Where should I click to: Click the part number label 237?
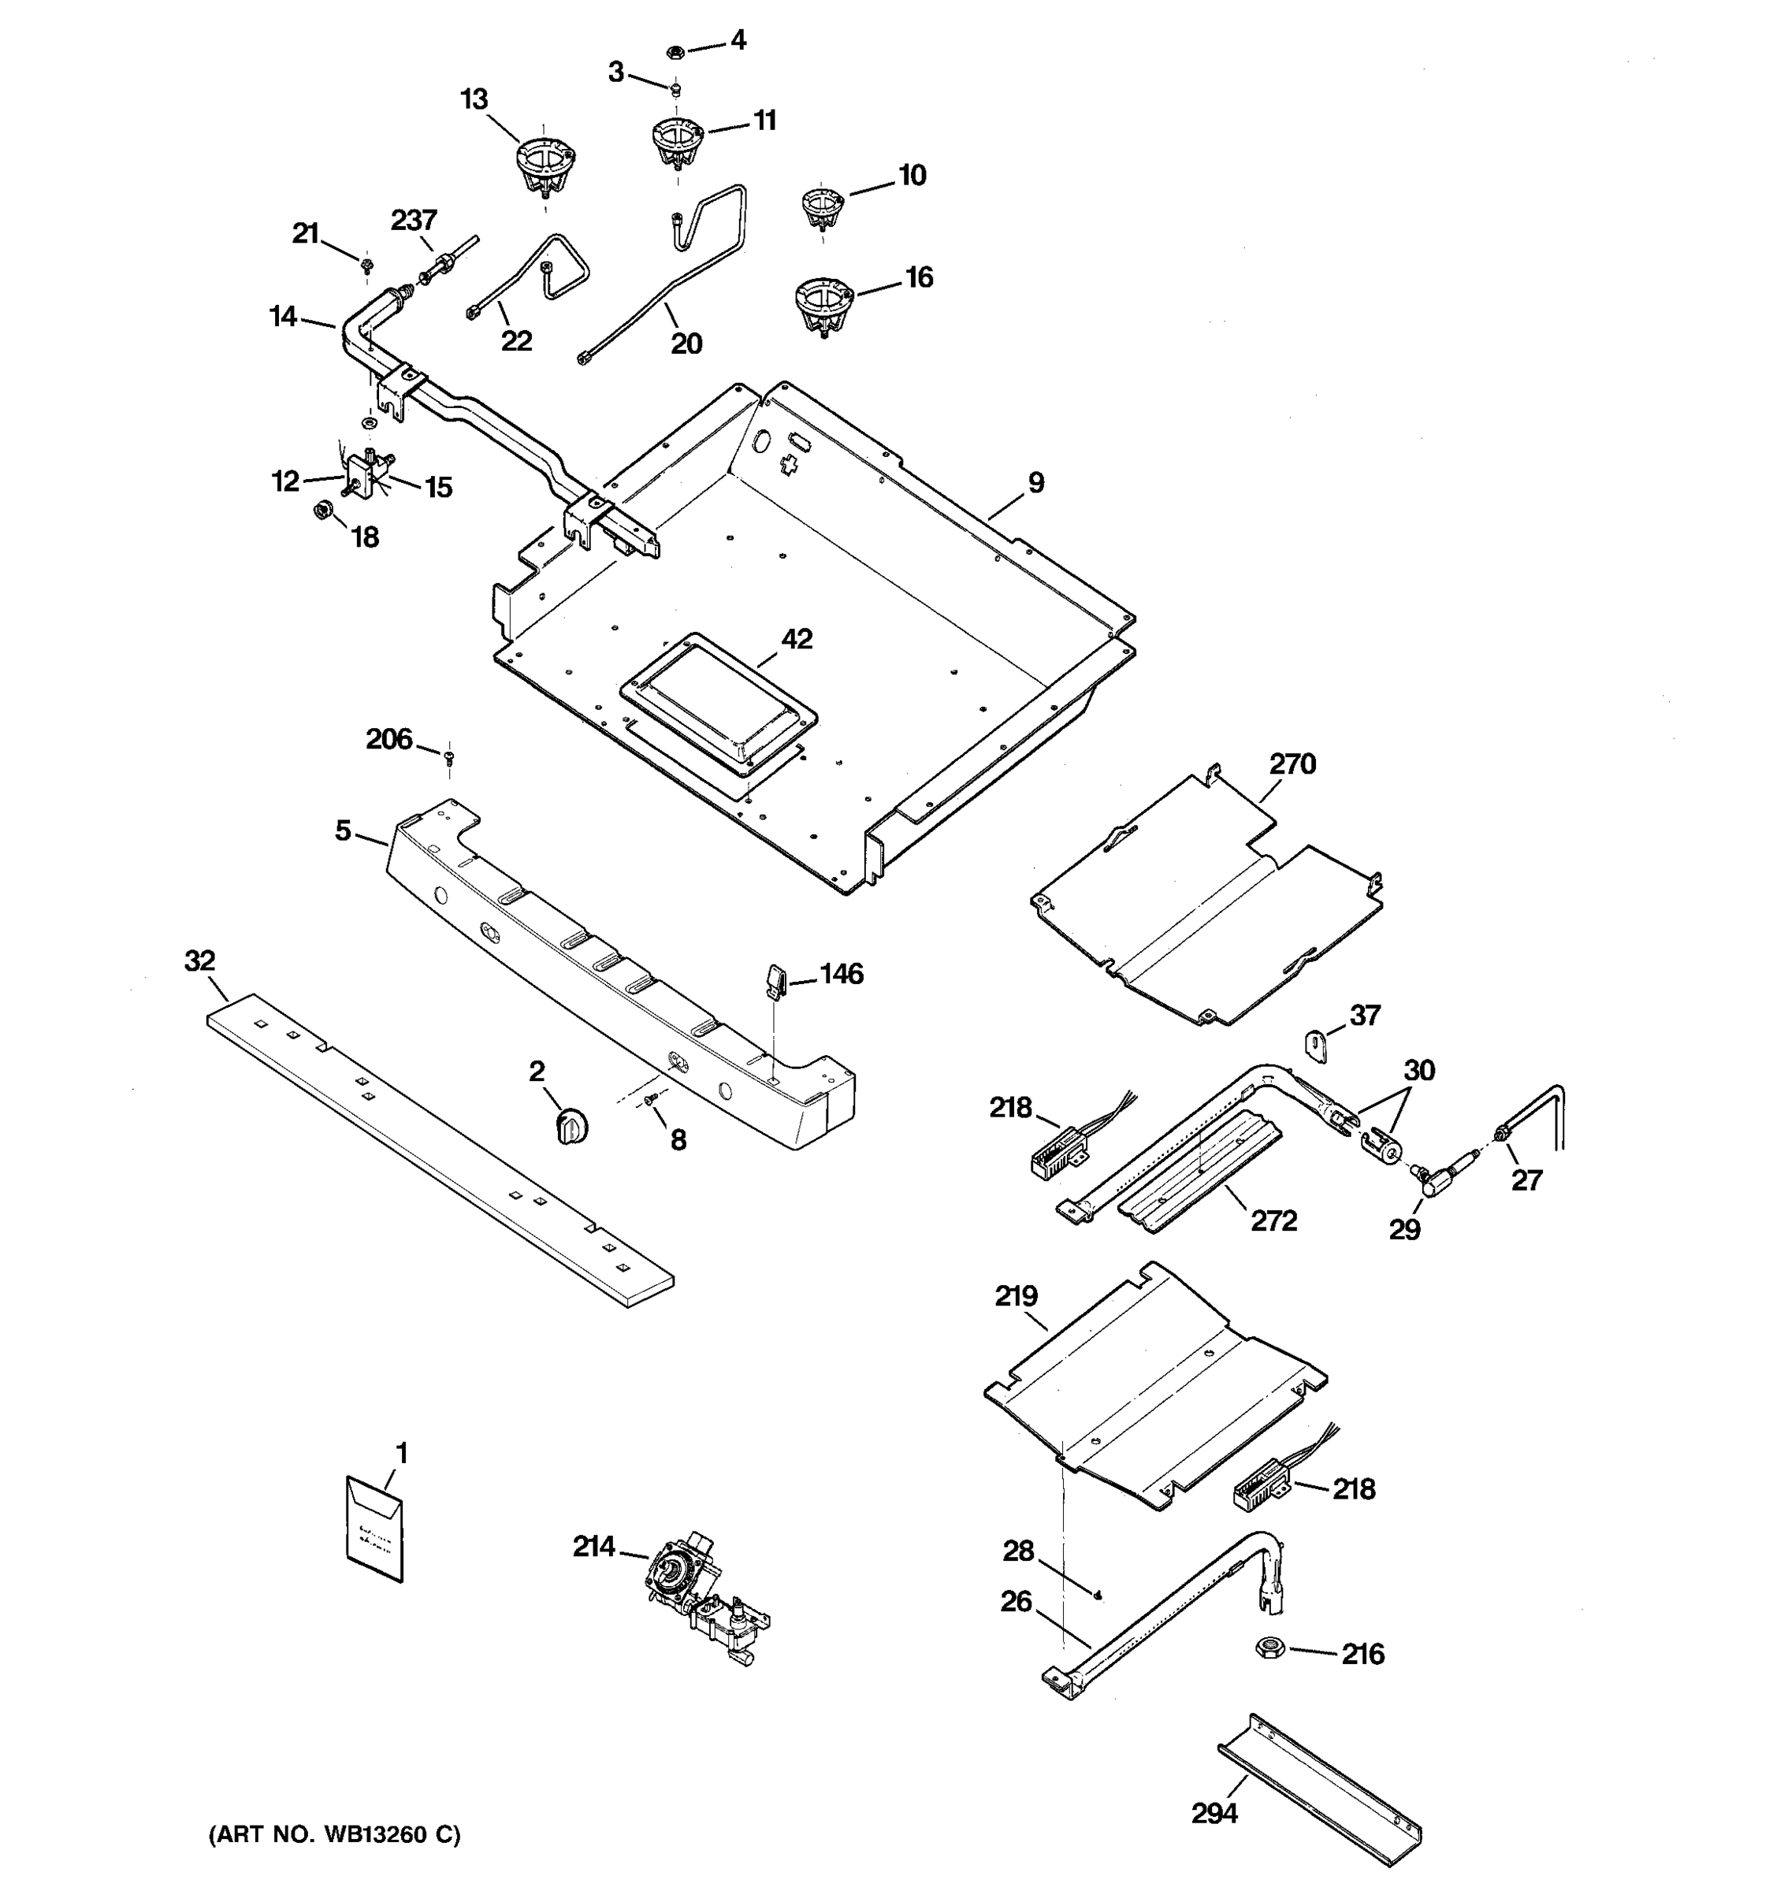point(414,221)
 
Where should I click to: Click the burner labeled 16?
point(823,304)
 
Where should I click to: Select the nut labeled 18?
point(322,511)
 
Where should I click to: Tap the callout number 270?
point(1292,763)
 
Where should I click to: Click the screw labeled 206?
point(450,756)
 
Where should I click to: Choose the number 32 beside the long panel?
point(199,960)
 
